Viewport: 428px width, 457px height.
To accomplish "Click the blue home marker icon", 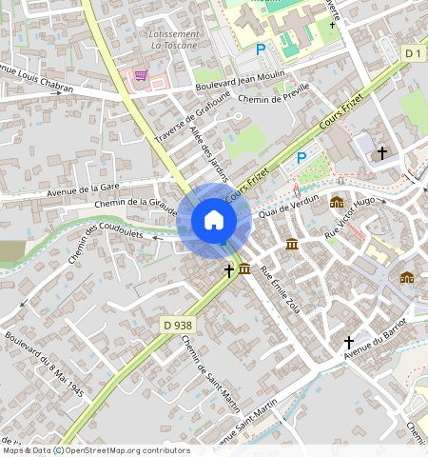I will pos(214,221).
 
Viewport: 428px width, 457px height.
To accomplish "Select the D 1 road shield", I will pos(411,53).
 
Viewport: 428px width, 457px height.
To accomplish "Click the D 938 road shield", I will pos(174,327).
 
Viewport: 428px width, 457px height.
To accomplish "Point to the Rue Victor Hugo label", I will pos(350,218).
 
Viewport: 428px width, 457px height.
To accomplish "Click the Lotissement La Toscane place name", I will pos(174,39).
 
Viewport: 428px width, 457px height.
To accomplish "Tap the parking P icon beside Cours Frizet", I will pos(302,157).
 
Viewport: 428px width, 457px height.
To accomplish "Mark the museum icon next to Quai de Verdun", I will pos(337,202).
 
